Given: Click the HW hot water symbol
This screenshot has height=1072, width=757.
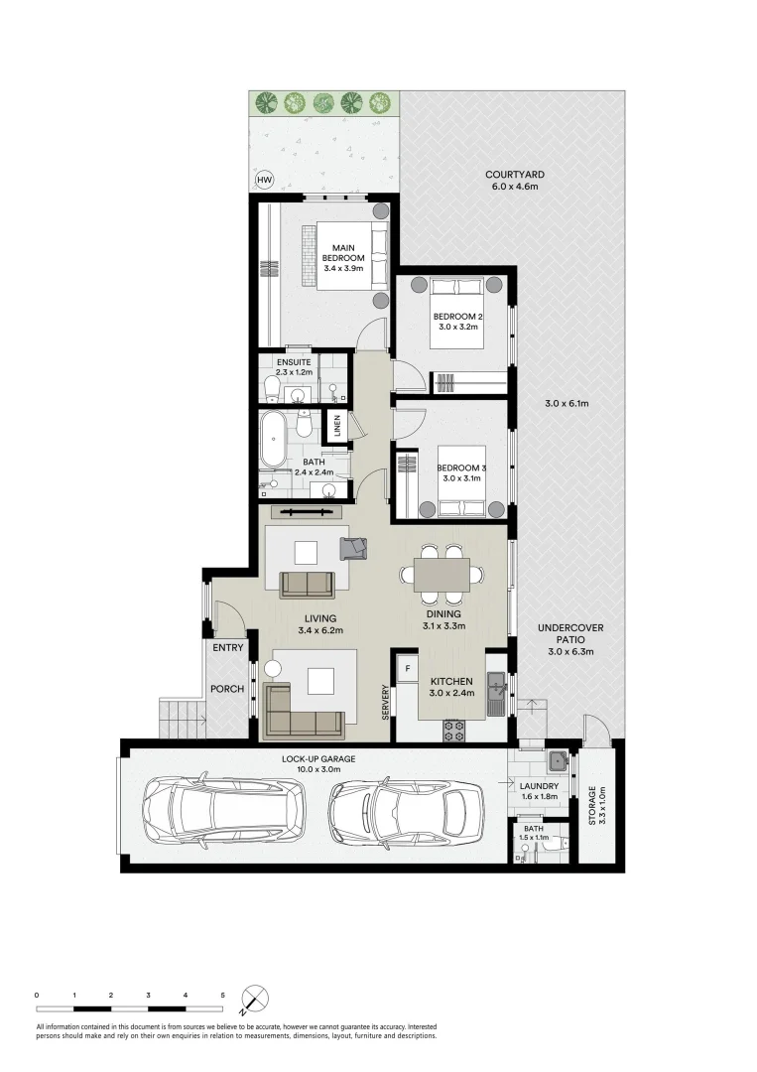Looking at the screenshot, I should (x=264, y=180).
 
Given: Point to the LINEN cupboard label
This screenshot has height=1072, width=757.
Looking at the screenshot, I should (x=337, y=427).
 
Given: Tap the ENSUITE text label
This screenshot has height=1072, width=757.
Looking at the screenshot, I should (x=294, y=362).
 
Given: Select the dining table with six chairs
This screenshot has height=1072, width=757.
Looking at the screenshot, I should (x=442, y=574).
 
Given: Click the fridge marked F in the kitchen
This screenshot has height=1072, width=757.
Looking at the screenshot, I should (x=405, y=669).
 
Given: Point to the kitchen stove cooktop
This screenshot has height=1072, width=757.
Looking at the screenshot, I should (x=454, y=731).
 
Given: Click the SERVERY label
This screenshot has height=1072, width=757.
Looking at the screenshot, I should (x=385, y=705).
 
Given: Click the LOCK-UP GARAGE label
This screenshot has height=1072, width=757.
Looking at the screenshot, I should (x=317, y=759).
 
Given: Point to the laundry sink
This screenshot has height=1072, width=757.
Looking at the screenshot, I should (x=558, y=763).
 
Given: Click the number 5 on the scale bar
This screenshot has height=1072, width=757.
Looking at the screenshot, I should (x=222, y=994).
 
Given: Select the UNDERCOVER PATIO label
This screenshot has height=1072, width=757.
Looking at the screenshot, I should (x=569, y=640).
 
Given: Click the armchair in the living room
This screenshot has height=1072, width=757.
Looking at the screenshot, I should (x=352, y=546).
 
